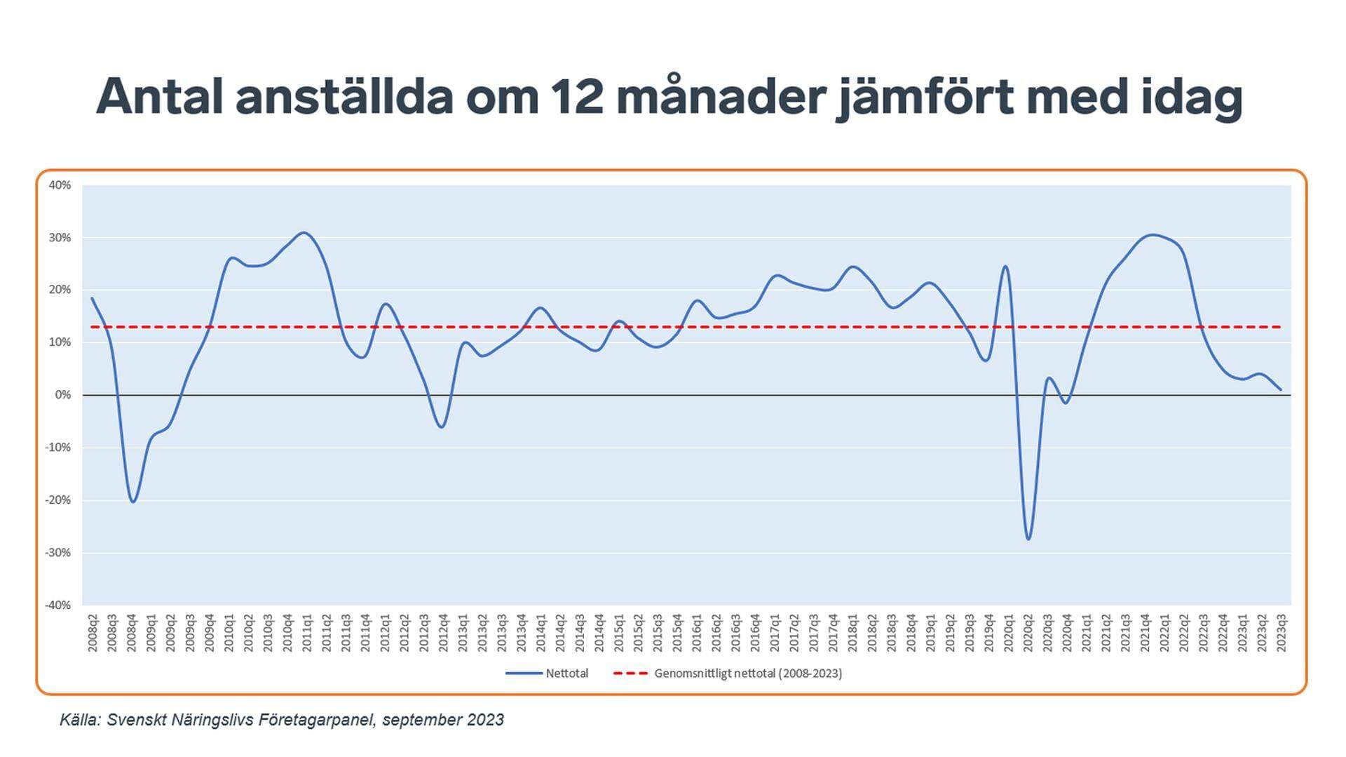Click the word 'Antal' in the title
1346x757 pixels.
159,96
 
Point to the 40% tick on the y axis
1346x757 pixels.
60,185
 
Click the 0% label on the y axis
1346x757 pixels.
63,395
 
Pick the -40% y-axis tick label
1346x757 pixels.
58,605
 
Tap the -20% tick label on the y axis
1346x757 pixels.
58,500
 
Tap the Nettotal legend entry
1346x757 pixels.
547,674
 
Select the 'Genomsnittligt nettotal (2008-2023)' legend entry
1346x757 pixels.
728,674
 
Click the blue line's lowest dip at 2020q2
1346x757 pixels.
1028,539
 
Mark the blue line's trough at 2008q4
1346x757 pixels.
132,502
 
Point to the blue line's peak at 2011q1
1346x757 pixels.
303,232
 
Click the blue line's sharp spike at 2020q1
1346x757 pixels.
1005,266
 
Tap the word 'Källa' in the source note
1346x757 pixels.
79,721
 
